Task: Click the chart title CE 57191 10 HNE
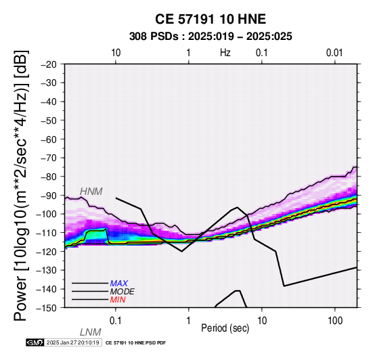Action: [x=211, y=19]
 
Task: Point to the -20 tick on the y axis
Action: [x=49, y=64]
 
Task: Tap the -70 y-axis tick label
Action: [x=49, y=158]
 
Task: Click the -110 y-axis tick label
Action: [x=47, y=233]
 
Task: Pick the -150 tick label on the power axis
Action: [x=47, y=308]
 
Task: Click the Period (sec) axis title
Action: [x=225, y=328]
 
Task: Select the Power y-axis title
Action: [x=20, y=185]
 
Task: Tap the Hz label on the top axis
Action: [x=225, y=53]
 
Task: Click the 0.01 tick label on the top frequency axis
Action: [x=334, y=53]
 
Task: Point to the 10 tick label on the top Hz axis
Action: [x=116, y=53]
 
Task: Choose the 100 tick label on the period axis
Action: [x=335, y=321]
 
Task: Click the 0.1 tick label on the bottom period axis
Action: [x=116, y=321]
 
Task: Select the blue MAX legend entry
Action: [x=119, y=284]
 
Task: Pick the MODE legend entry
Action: [x=123, y=292]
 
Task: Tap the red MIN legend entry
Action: [x=118, y=300]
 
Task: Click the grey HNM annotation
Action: [x=91, y=192]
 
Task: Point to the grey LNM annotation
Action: [x=91, y=332]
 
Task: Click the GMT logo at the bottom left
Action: [x=35, y=342]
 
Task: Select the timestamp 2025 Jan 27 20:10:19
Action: [x=72, y=342]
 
